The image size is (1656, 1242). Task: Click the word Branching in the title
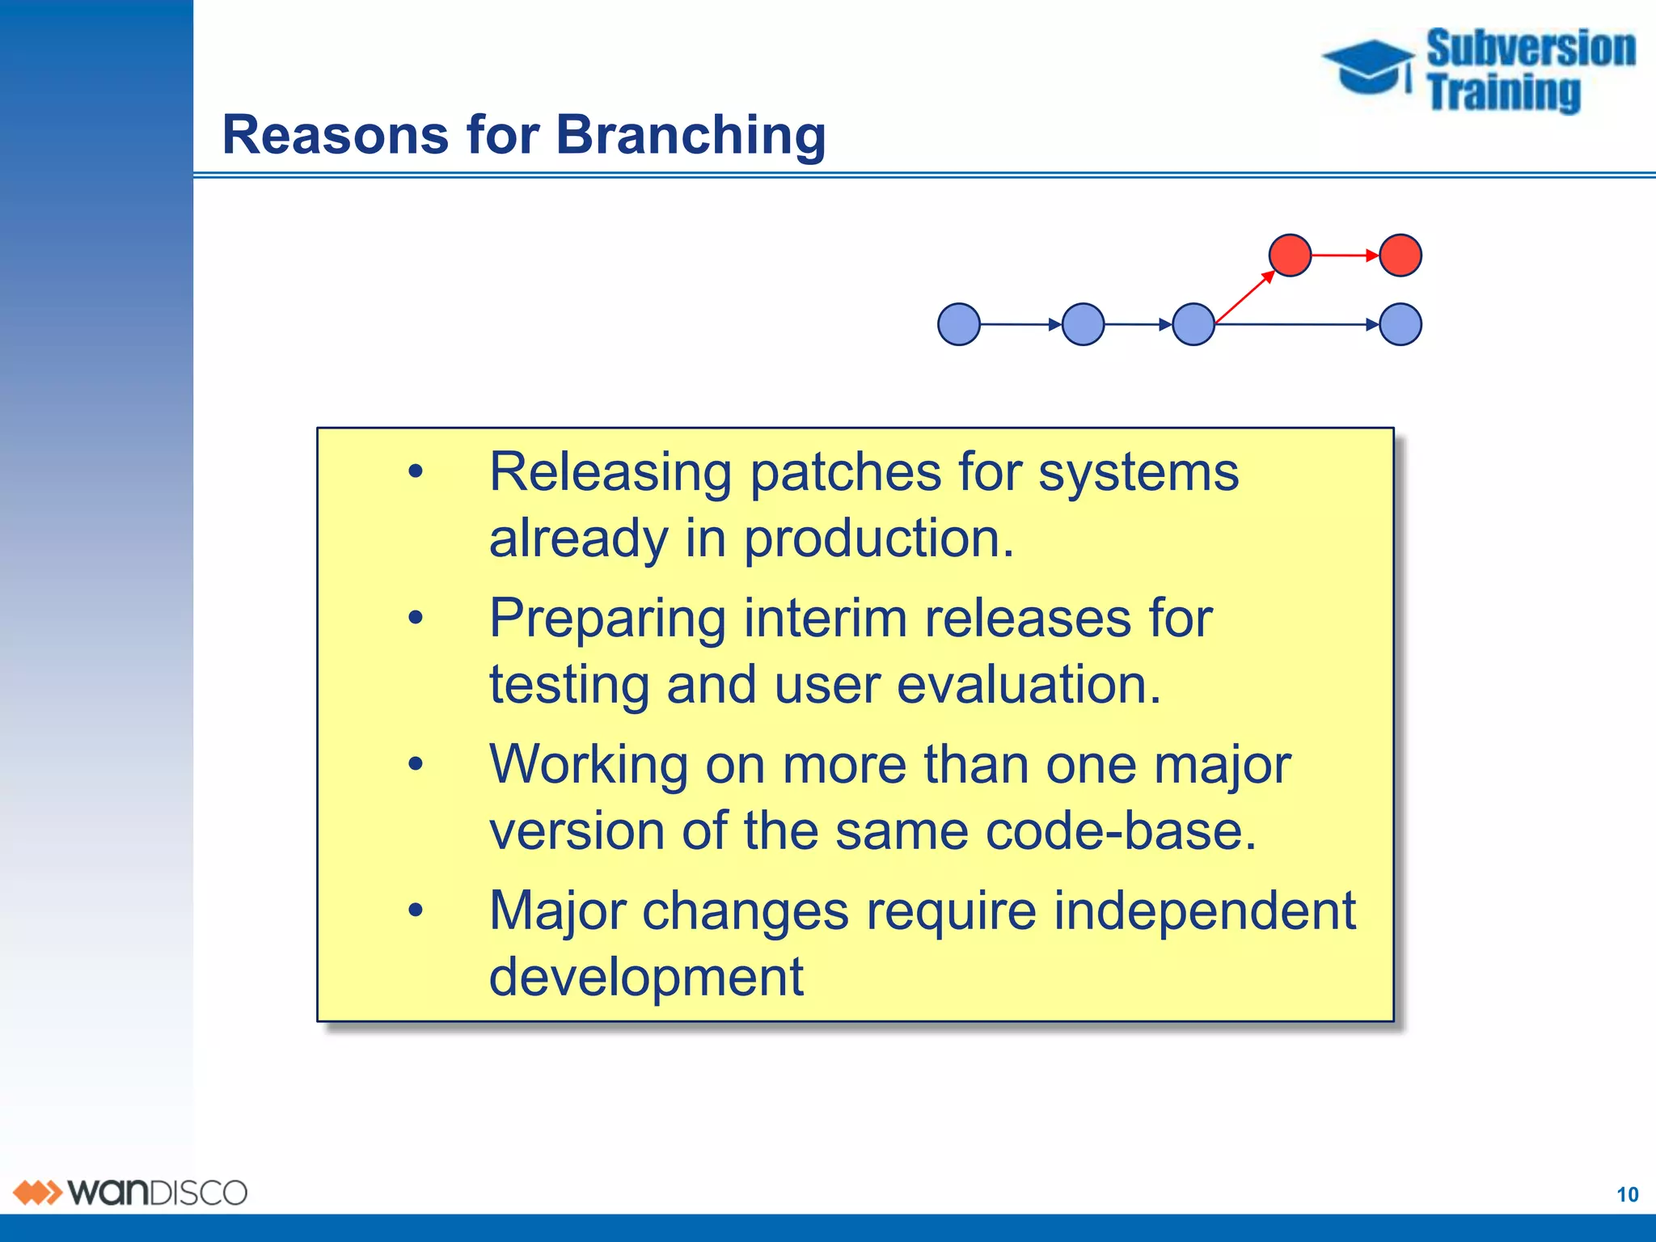(x=691, y=134)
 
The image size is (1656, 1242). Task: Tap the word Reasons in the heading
(x=335, y=134)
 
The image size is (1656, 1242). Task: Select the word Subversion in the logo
(x=1530, y=49)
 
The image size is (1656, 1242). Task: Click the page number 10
(x=1627, y=1194)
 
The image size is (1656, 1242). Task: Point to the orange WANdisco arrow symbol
(x=37, y=1193)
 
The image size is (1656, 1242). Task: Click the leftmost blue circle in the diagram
(x=959, y=324)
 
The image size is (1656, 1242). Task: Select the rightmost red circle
(x=1400, y=256)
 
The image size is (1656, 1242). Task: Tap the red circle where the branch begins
(x=1290, y=256)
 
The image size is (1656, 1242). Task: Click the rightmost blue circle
(x=1400, y=324)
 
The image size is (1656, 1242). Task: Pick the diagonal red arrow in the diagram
(x=1244, y=298)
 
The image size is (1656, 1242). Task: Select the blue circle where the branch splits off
(x=1193, y=324)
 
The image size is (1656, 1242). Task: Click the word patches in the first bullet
(x=845, y=471)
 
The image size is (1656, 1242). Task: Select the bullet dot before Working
(x=416, y=764)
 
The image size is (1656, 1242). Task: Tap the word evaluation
(x=1028, y=685)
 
